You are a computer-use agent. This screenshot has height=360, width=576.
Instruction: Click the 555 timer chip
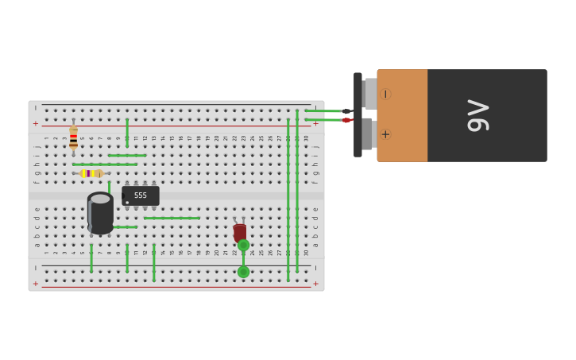point(141,195)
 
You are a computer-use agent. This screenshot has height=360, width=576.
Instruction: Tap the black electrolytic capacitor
point(100,214)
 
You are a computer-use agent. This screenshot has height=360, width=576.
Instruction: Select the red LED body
point(240,232)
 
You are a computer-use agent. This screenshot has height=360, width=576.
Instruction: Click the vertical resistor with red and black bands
point(73,137)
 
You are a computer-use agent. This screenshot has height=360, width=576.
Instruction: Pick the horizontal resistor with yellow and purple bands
point(91,173)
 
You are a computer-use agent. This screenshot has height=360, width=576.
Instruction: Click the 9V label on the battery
point(477,116)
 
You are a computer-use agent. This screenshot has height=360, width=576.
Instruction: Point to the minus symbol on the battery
point(385,94)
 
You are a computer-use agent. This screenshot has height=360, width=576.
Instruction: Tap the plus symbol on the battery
point(385,134)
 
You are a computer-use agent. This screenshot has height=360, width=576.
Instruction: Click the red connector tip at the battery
point(347,120)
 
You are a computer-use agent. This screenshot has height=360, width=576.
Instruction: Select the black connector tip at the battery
point(347,111)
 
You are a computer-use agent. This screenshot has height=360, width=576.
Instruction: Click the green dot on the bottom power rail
point(243,272)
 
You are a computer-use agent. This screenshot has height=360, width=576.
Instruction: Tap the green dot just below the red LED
point(243,246)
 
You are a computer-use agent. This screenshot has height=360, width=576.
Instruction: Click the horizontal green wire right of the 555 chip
point(172,218)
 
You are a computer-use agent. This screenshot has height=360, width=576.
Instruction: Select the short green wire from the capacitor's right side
point(126,227)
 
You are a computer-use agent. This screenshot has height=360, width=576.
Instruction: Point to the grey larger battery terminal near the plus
point(366,134)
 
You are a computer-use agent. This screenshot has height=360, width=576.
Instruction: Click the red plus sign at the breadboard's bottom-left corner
point(35,284)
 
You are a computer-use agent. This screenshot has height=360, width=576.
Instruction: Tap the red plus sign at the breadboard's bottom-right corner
point(315,284)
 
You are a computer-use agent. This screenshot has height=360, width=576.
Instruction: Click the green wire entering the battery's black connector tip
point(323,111)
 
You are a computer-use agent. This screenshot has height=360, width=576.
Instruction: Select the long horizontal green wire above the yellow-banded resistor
point(104,165)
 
